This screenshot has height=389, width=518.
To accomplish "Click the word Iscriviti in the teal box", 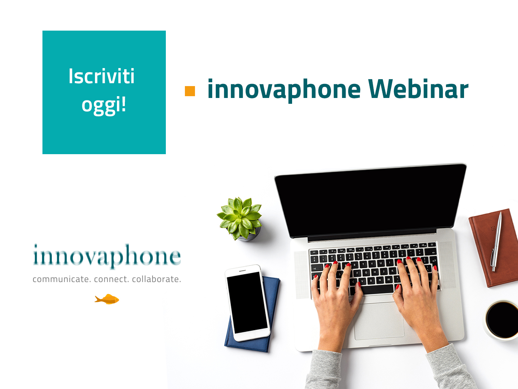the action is pos(101,76).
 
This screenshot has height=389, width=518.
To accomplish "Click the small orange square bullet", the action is pos(190,91).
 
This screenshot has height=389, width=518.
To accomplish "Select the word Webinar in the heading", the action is pos(418,89).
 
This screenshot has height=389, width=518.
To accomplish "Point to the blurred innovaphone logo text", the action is pos(107,256).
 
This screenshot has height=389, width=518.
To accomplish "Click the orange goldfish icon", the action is pos(107,299).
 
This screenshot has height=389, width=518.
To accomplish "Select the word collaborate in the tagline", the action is pos(156,279).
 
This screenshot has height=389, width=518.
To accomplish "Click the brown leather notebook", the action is pos(494,248).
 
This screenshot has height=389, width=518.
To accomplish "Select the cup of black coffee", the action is pos(501,320).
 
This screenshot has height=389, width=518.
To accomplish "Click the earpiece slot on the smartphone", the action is pos(242,270).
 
